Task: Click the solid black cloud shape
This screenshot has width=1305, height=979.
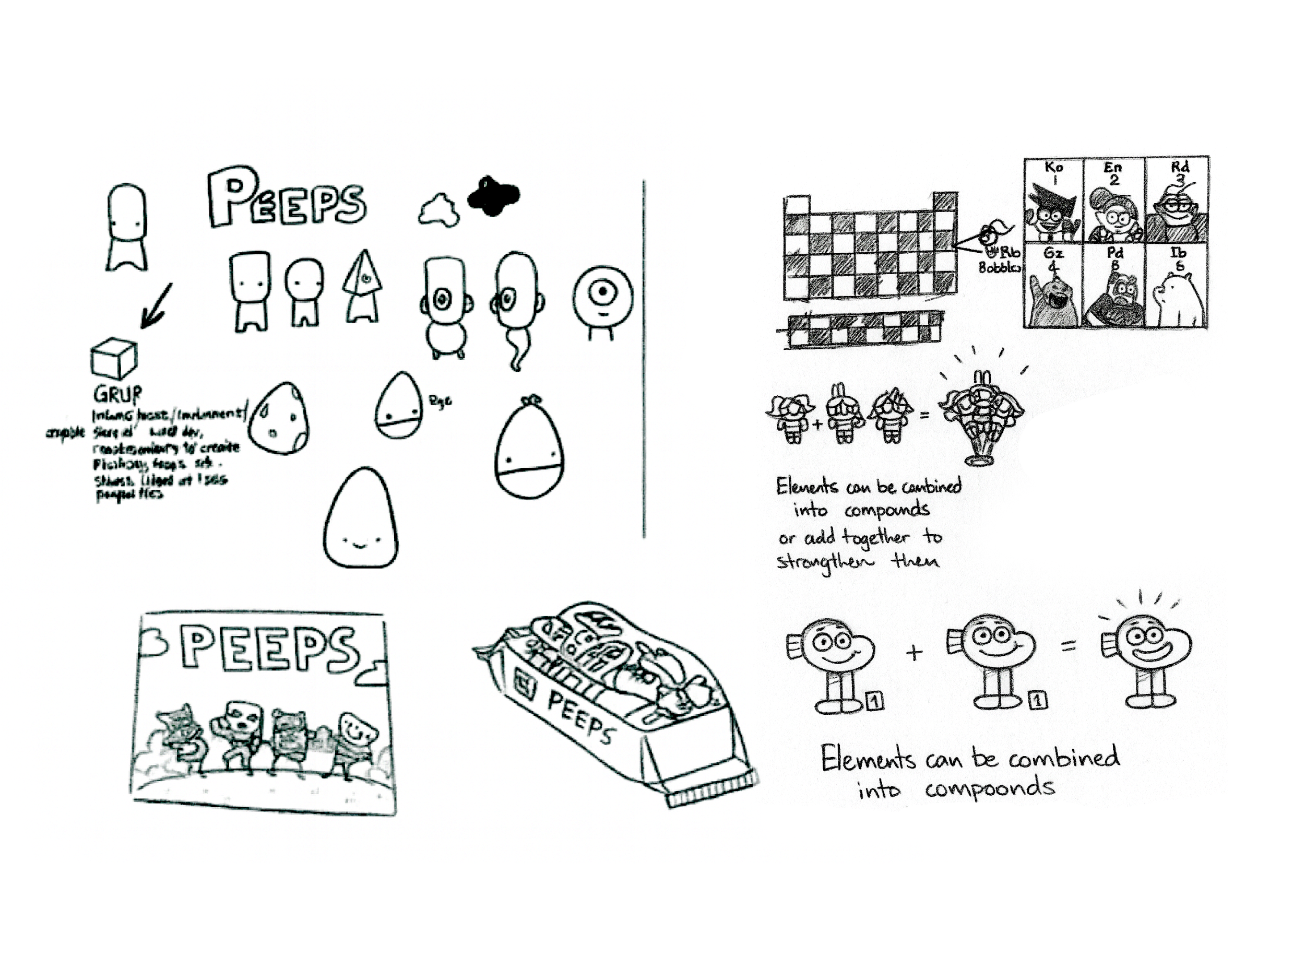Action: pos(493,195)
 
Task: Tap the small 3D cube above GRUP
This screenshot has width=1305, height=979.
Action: pos(114,358)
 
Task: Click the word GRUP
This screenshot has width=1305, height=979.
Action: pos(117,394)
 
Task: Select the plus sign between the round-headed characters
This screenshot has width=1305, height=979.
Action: pos(914,652)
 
